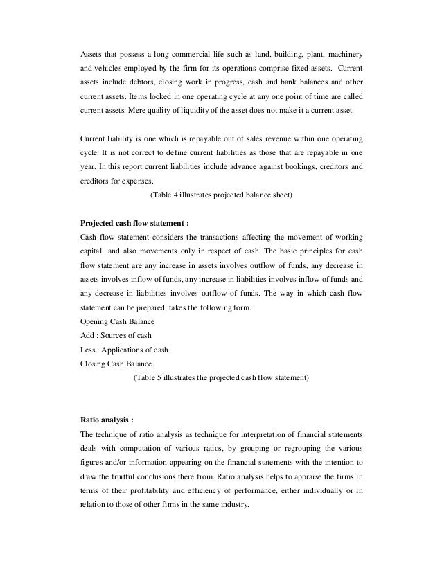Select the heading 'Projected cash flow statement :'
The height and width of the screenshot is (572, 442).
tap(134, 223)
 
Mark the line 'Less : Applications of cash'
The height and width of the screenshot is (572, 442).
tap(125, 350)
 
